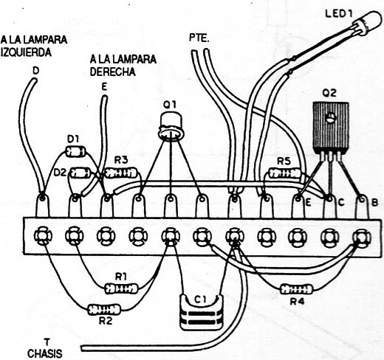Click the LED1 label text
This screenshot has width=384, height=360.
tap(339, 13)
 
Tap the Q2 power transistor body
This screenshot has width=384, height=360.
tap(331, 126)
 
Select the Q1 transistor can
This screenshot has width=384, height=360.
tap(171, 126)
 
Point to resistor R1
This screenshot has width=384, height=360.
tap(121, 288)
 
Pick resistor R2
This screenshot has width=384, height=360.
tap(104, 309)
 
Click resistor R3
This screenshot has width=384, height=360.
tap(120, 173)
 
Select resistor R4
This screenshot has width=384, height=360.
tap(297, 289)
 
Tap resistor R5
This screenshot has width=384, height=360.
tap(285, 173)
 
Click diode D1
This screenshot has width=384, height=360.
tap(75, 151)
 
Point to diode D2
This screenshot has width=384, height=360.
tap(80, 173)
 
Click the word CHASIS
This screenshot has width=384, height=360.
tap(44, 353)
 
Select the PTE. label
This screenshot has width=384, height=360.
tap(199, 38)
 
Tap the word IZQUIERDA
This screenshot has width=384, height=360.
tap(26, 52)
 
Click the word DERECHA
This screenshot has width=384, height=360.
tap(113, 72)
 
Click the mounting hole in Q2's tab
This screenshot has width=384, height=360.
tap(330, 118)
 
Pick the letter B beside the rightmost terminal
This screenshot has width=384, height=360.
tap(374, 203)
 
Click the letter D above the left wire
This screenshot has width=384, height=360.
tap(36, 71)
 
